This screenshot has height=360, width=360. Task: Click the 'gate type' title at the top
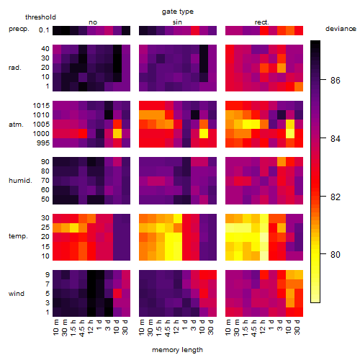(x=178, y=12)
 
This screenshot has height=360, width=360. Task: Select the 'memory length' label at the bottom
(x=177, y=350)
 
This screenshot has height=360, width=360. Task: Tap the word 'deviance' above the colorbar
(x=341, y=29)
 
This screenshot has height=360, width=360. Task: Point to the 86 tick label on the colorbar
(x=336, y=80)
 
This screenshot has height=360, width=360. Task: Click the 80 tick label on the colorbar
(x=336, y=254)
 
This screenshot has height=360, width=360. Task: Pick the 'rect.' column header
(x=262, y=22)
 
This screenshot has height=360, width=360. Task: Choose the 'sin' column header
(x=177, y=22)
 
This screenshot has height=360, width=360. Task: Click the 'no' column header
(x=93, y=22)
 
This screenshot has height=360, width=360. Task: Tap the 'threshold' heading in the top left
(x=40, y=17)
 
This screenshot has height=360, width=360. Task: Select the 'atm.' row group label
(x=16, y=125)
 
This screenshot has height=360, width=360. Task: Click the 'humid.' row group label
(x=20, y=180)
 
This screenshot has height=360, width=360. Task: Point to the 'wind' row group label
(x=17, y=294)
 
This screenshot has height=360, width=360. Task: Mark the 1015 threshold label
(x=41, y=106)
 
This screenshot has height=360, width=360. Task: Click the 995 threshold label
(x=43, y=143)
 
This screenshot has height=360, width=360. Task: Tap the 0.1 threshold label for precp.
(x=44, y=30)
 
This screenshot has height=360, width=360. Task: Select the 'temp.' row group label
(x=18, y=236)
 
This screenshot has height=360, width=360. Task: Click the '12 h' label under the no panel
(x=91, y=327)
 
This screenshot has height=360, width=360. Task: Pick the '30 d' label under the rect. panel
(x=297, y=327)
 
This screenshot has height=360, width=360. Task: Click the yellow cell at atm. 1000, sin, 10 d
(x=204, y=133)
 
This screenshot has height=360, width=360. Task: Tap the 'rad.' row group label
(x=15, y=68)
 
